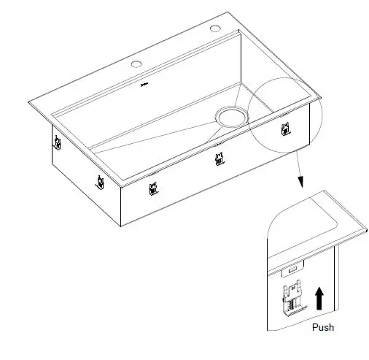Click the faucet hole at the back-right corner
pos(215,28)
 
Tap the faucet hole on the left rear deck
pos(136,64)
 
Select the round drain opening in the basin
pos(230,115)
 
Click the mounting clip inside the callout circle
pos(287,129)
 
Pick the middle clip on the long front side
pos(217,159)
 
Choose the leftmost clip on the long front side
pos(152,189)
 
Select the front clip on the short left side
pos(98,180)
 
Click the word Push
pos(323,328)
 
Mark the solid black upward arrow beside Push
pos(318,298)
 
